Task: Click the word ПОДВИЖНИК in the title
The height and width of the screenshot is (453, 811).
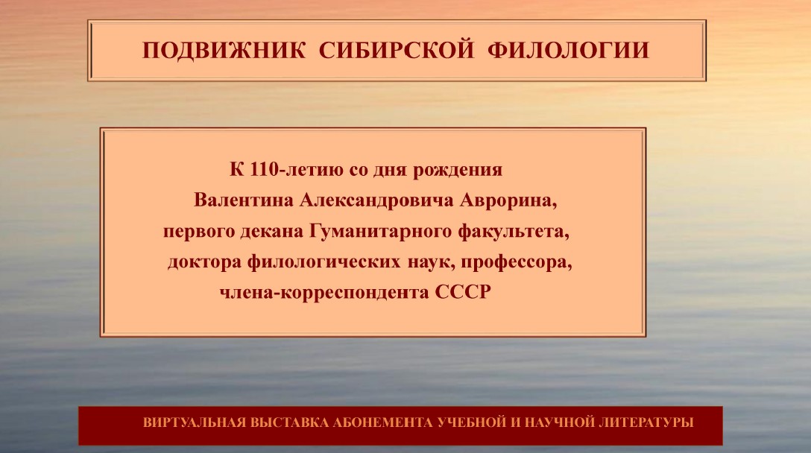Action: (224, 51)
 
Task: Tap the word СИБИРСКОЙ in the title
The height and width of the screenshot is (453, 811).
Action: (397, 51)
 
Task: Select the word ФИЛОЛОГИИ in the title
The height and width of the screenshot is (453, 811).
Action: (568, 51)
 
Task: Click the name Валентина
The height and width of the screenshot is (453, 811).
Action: (244, 200)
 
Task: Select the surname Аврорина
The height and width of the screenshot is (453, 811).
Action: (508, 201)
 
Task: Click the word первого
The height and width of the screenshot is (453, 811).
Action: (199, 232)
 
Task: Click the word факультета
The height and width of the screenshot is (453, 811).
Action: (514, 232)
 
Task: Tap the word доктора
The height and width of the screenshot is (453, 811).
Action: (204, 262)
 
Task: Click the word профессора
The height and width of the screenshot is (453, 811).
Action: (516, 262)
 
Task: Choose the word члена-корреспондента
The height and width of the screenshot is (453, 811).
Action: (324, 293)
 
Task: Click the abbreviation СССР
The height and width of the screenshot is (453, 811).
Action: (462, 292)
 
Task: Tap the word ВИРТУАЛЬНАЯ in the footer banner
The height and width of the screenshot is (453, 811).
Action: (194, 422)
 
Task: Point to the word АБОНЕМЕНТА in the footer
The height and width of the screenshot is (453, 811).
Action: (382, 422)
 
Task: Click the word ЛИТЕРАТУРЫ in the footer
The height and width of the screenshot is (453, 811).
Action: (646, 422)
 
